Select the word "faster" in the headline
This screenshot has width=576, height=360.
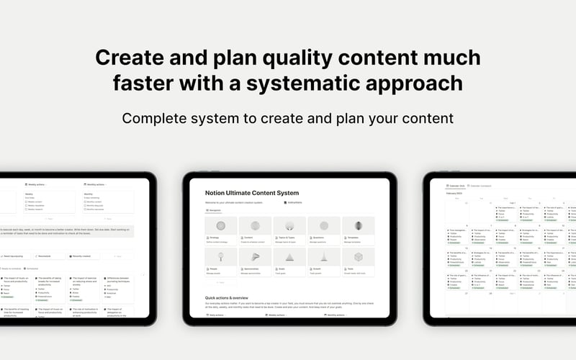[148, 84]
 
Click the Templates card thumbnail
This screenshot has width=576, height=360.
[358, 226]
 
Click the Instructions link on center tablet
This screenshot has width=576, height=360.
[294, 203]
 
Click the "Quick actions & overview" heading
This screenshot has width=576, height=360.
[226, 297]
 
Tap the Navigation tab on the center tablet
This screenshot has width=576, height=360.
[215, 210]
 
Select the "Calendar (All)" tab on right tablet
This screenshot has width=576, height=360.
[456, 185]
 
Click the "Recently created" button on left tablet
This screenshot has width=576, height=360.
[81, 256]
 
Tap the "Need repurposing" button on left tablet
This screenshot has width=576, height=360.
[13, 256]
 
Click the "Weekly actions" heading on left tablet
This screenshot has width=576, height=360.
[39, 185]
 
